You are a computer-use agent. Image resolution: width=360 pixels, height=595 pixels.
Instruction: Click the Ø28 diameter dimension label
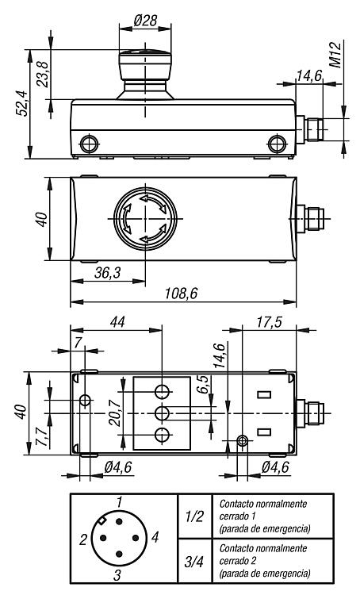pos(145,21)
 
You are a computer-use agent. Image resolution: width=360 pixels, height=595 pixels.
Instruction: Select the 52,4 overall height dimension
pos(21,103)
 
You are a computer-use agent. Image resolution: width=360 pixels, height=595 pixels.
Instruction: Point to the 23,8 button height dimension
pos(43,75)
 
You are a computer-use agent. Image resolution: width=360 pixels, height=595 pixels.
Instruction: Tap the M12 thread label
pos(335,55)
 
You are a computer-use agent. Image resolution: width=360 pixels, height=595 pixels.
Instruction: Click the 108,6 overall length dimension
pos(182,294)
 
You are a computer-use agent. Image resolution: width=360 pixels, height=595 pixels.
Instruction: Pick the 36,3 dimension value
pos(107,272)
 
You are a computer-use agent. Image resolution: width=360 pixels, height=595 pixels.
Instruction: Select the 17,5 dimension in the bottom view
pos(269,322)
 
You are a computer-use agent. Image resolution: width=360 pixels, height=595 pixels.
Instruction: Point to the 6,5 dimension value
pos(204,385)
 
